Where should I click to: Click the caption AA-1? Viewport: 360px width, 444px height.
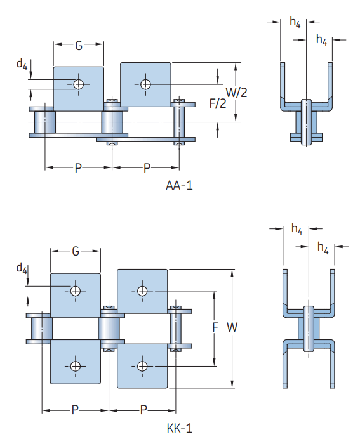pos(178,185)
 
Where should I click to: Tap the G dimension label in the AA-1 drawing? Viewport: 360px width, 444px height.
pos(79,46)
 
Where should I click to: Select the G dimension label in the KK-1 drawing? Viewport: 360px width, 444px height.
pos(76,252)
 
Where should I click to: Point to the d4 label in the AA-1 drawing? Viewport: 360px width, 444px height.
pos(23,63)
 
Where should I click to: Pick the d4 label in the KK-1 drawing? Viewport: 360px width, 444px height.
pos(22,269)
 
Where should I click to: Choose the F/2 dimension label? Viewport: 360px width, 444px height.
pos(218,103)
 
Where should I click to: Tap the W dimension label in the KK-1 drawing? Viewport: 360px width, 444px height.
pos(232,328)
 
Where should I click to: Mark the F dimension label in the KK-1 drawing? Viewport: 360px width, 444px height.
pos(215,328)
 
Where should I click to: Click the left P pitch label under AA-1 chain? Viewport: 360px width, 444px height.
pos(78,168)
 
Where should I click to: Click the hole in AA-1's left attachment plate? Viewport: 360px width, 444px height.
pos(78,84)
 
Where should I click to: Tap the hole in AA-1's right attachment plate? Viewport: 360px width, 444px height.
pos(145,84)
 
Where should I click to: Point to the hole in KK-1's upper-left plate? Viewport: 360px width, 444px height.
pos(76,291)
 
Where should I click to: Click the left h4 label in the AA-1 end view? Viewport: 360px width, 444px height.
pos(295,23)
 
